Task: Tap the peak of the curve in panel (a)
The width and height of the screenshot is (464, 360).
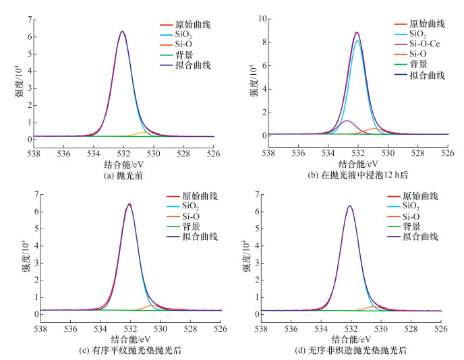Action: pyautogui.click(x=122, y=32)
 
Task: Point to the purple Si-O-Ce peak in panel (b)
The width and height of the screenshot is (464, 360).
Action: pyautogui.click(x=347, y=121)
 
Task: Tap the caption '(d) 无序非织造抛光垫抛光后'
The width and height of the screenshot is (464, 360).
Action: pyautogui.click(x=357, y=350)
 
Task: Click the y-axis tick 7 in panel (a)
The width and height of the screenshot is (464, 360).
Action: pyautogui.click(x=30, y=20)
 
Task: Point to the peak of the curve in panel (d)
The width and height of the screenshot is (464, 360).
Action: pyautogui.click(x=349, y=206)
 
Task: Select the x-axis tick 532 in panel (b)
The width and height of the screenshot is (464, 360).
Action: pyautogui.click(x=357, y=153)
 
